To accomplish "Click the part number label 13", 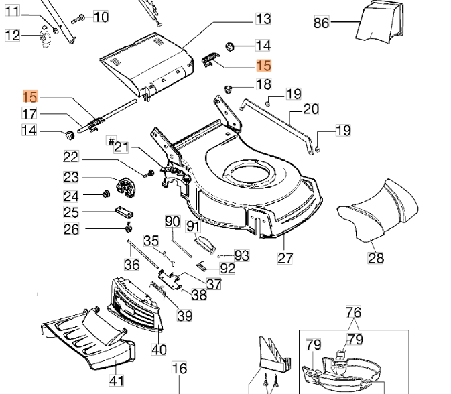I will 263,19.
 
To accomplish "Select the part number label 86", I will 322,23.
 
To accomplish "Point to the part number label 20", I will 311,109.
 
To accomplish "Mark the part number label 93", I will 241,255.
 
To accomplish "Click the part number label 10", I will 101,17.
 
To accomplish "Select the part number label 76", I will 353,312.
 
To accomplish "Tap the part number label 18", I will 264,84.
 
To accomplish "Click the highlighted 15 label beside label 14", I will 264,65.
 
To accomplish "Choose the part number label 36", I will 132,265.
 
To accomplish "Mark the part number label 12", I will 13,36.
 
